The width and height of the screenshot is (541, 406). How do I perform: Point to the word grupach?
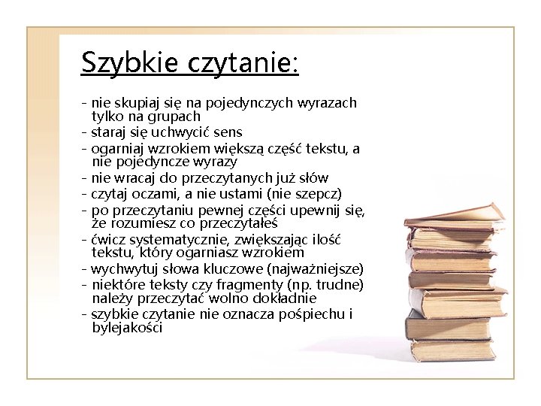(x=175, y=117)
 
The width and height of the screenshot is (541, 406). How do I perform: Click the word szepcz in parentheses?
(x=319, y=193)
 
